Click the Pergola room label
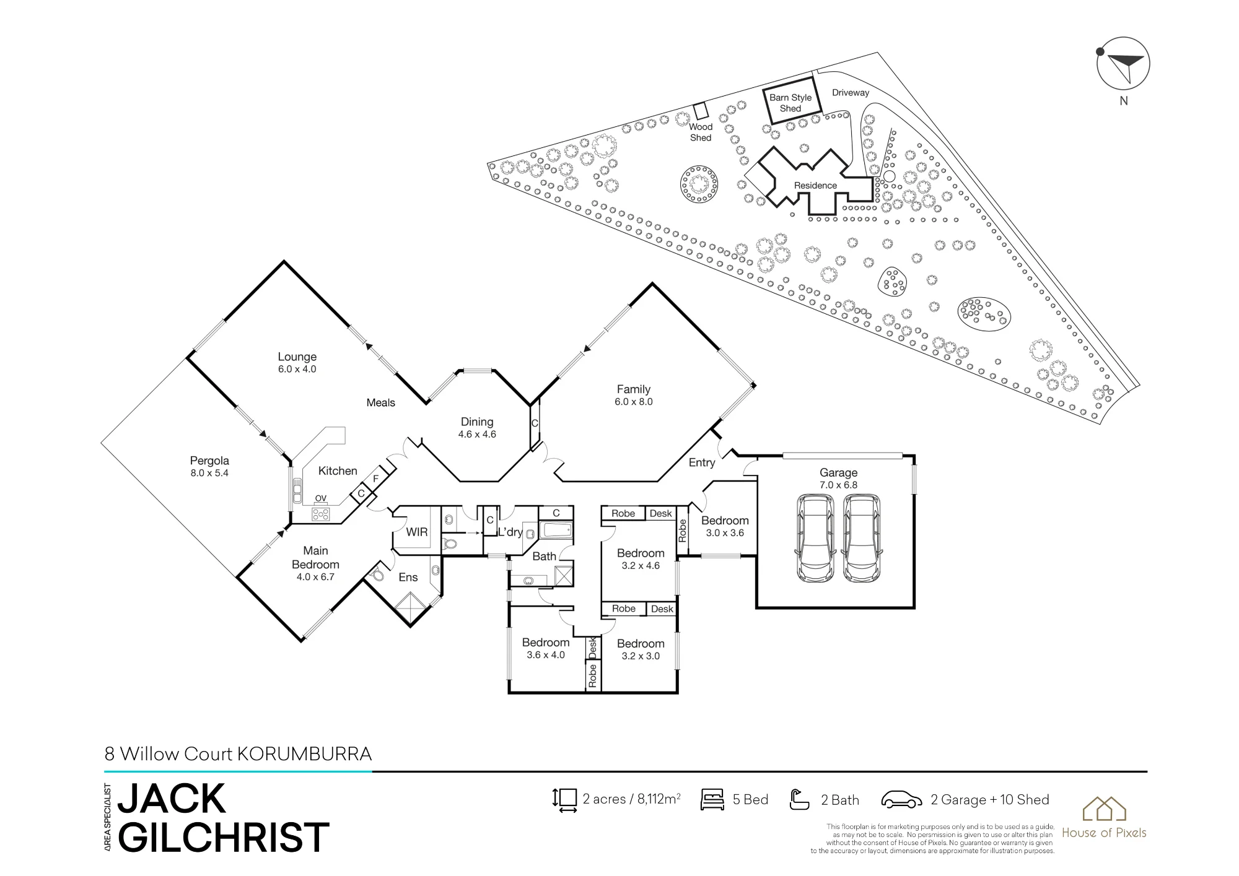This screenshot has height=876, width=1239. coord(209,461)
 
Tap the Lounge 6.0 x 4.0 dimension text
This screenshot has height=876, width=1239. coord(297,370)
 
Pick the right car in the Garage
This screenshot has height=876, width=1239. coord(862,538)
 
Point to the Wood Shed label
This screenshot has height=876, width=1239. coord(701,132)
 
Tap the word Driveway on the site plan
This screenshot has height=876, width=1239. coord(851,93)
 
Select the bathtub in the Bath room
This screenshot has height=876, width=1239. coord(556,531)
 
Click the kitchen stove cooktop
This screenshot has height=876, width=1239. coord(321,513)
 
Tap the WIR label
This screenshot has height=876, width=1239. coord(417,532)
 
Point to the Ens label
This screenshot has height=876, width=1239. coord(408,577)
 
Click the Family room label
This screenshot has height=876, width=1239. coord(633,389)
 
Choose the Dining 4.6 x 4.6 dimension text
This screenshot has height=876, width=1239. coord(477,435)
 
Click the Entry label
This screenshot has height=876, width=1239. coord(702,462)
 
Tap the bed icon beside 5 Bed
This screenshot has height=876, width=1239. coord(712,799)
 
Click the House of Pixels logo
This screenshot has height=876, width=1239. coord(1104,817)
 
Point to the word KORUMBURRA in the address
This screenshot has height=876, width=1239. coord(305,754)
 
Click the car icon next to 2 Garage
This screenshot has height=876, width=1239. coord(902,800)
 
